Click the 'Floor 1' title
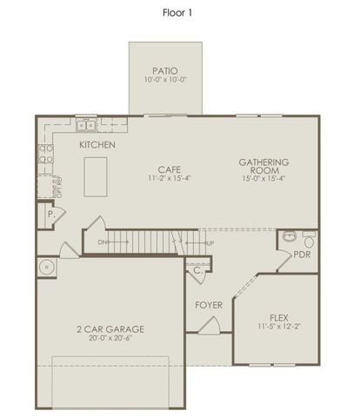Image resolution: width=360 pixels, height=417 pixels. (x=179, y=14)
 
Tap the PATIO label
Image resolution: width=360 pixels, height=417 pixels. (x=165, y=70)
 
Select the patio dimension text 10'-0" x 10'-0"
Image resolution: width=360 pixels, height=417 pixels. (x=165, y=80)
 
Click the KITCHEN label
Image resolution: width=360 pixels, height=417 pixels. (x=97, y=145)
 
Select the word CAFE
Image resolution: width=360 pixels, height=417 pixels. (x=169, y=169)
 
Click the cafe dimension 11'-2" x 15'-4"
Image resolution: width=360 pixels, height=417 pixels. (x=169, y=178)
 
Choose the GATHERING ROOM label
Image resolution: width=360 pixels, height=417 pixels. (x=264, y=167)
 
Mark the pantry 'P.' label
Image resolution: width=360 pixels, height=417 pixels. (x=50, y=213)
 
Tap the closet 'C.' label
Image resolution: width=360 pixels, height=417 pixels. (x=198, y=270)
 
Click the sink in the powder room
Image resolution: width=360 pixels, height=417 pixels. (x=290, y=236)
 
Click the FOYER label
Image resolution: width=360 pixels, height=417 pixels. (x=209, y=305)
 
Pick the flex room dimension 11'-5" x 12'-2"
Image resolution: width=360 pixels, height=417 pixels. (x=278, y=327)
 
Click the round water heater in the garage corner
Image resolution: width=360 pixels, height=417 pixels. (x=46, y=268)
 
